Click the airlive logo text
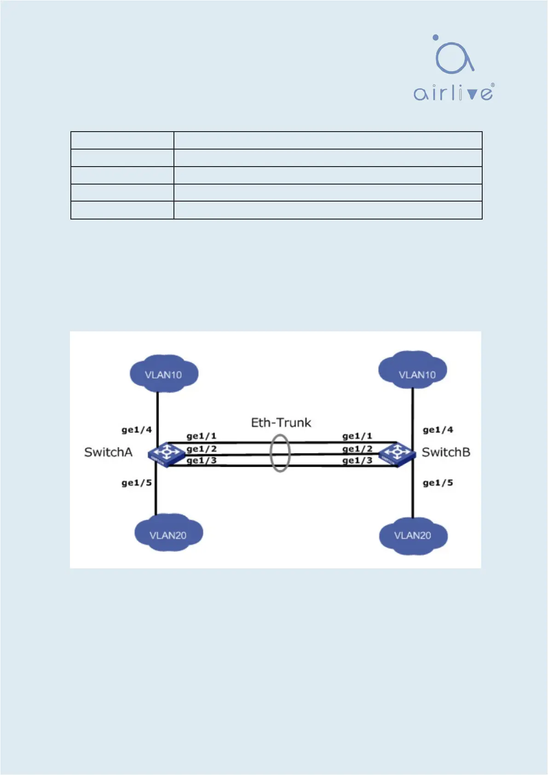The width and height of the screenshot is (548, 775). [x=453, y=93]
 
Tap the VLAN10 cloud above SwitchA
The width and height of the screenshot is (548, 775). [x=164, y=374]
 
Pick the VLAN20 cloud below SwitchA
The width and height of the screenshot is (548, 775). [x=168, y=534]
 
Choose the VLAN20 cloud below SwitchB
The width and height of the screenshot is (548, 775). [x=413, y=535]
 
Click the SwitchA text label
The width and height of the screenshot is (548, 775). [x=108, y=452]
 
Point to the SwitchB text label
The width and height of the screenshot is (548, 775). [x=446, y=452]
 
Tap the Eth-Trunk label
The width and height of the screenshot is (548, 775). [x=281, y=422]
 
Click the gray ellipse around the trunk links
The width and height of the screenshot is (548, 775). [x=280, y=453]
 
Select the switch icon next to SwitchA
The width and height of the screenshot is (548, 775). [x=166, y=453]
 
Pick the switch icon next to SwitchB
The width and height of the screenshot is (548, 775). [x=397, y=454]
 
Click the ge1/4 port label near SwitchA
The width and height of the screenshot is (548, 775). [x=137, y=430]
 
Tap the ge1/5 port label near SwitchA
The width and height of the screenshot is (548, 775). [x=137, y=483]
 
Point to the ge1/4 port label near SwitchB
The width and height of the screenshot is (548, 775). [x=438, y=430]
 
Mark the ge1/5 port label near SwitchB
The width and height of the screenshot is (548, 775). [x=438, y=483]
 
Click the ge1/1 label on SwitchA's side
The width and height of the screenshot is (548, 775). [x=202, y=436]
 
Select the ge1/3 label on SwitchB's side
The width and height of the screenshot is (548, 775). [x=357, y=460]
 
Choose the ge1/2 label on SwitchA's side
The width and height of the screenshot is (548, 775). [x=202, y=449]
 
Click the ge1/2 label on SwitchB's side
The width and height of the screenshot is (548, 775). [x=357, y=449]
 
